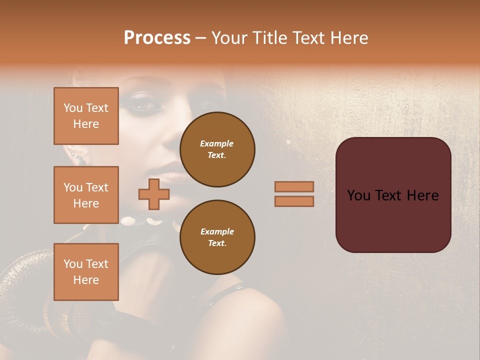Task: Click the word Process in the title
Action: (156, 38)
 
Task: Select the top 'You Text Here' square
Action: (86, 116)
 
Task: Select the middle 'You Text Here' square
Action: (86, 195)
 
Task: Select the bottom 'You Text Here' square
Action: (86, 271)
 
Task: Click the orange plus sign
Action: (153, 194)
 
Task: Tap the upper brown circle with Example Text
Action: (217, 149)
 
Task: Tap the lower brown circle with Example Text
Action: (217, 237)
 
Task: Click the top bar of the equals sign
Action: (294, 186)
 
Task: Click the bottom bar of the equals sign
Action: (294, 201)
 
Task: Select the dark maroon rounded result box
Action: (393, 220)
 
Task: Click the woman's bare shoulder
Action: (260, 320)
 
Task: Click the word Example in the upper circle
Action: (217, 143)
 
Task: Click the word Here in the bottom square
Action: (86, 280)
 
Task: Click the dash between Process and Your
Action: (200, 38)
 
